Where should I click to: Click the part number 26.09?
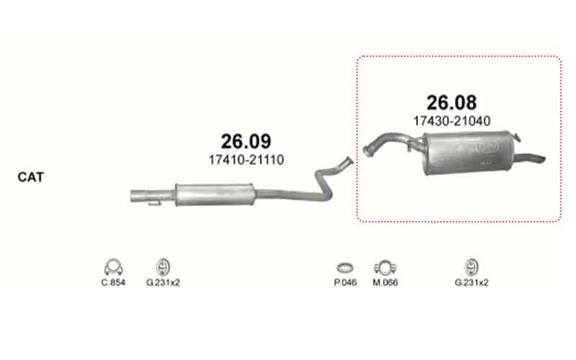[246, 141]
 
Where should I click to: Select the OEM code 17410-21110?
[246, 160]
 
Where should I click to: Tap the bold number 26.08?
[451, 102]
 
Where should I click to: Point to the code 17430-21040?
[452, 121]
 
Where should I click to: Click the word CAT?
[30, 177]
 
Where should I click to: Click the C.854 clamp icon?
[114, 267]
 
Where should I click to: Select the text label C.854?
[113, 282]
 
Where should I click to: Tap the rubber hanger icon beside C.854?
[163, 267]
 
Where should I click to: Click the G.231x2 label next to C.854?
[163, 282]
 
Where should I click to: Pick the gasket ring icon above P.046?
[345, 268]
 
